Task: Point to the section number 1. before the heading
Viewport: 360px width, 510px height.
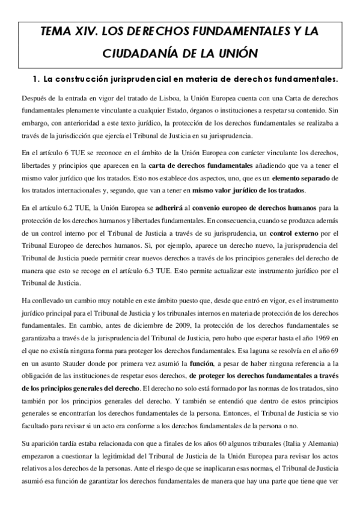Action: [x=35, y=79]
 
